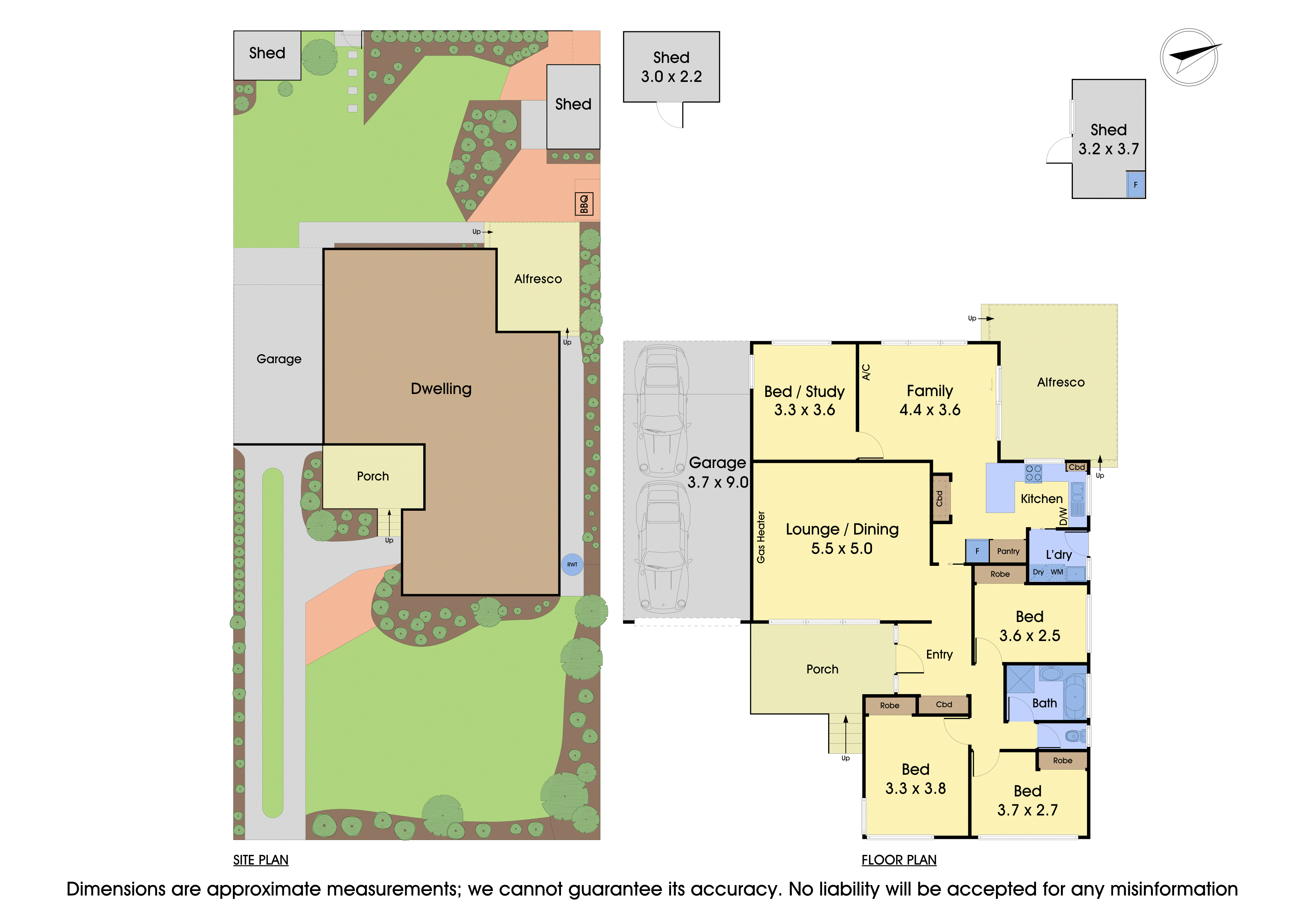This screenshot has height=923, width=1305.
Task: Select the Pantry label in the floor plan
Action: click(1008, 551)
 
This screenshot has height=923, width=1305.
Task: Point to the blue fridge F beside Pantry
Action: click(977, 551)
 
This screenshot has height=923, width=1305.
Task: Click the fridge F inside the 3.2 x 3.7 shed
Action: click(1136, 185)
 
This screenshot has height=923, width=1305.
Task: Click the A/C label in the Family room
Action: click(866, 372)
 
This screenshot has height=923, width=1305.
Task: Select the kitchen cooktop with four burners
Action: click(1033, 473)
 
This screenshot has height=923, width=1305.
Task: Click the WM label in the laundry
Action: click(1056, 572)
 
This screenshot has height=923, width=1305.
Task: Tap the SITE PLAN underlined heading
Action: click(261, 860)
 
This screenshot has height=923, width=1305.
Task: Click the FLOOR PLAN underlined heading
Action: click(899, 860)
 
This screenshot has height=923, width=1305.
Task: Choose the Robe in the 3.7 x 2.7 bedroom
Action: click(1062, 760)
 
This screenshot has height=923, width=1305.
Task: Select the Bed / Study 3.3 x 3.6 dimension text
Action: click(804, 410)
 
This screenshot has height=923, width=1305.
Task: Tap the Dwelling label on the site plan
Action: click(441, 389)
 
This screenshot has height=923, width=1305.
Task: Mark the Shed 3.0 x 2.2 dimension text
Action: click(671, 77)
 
